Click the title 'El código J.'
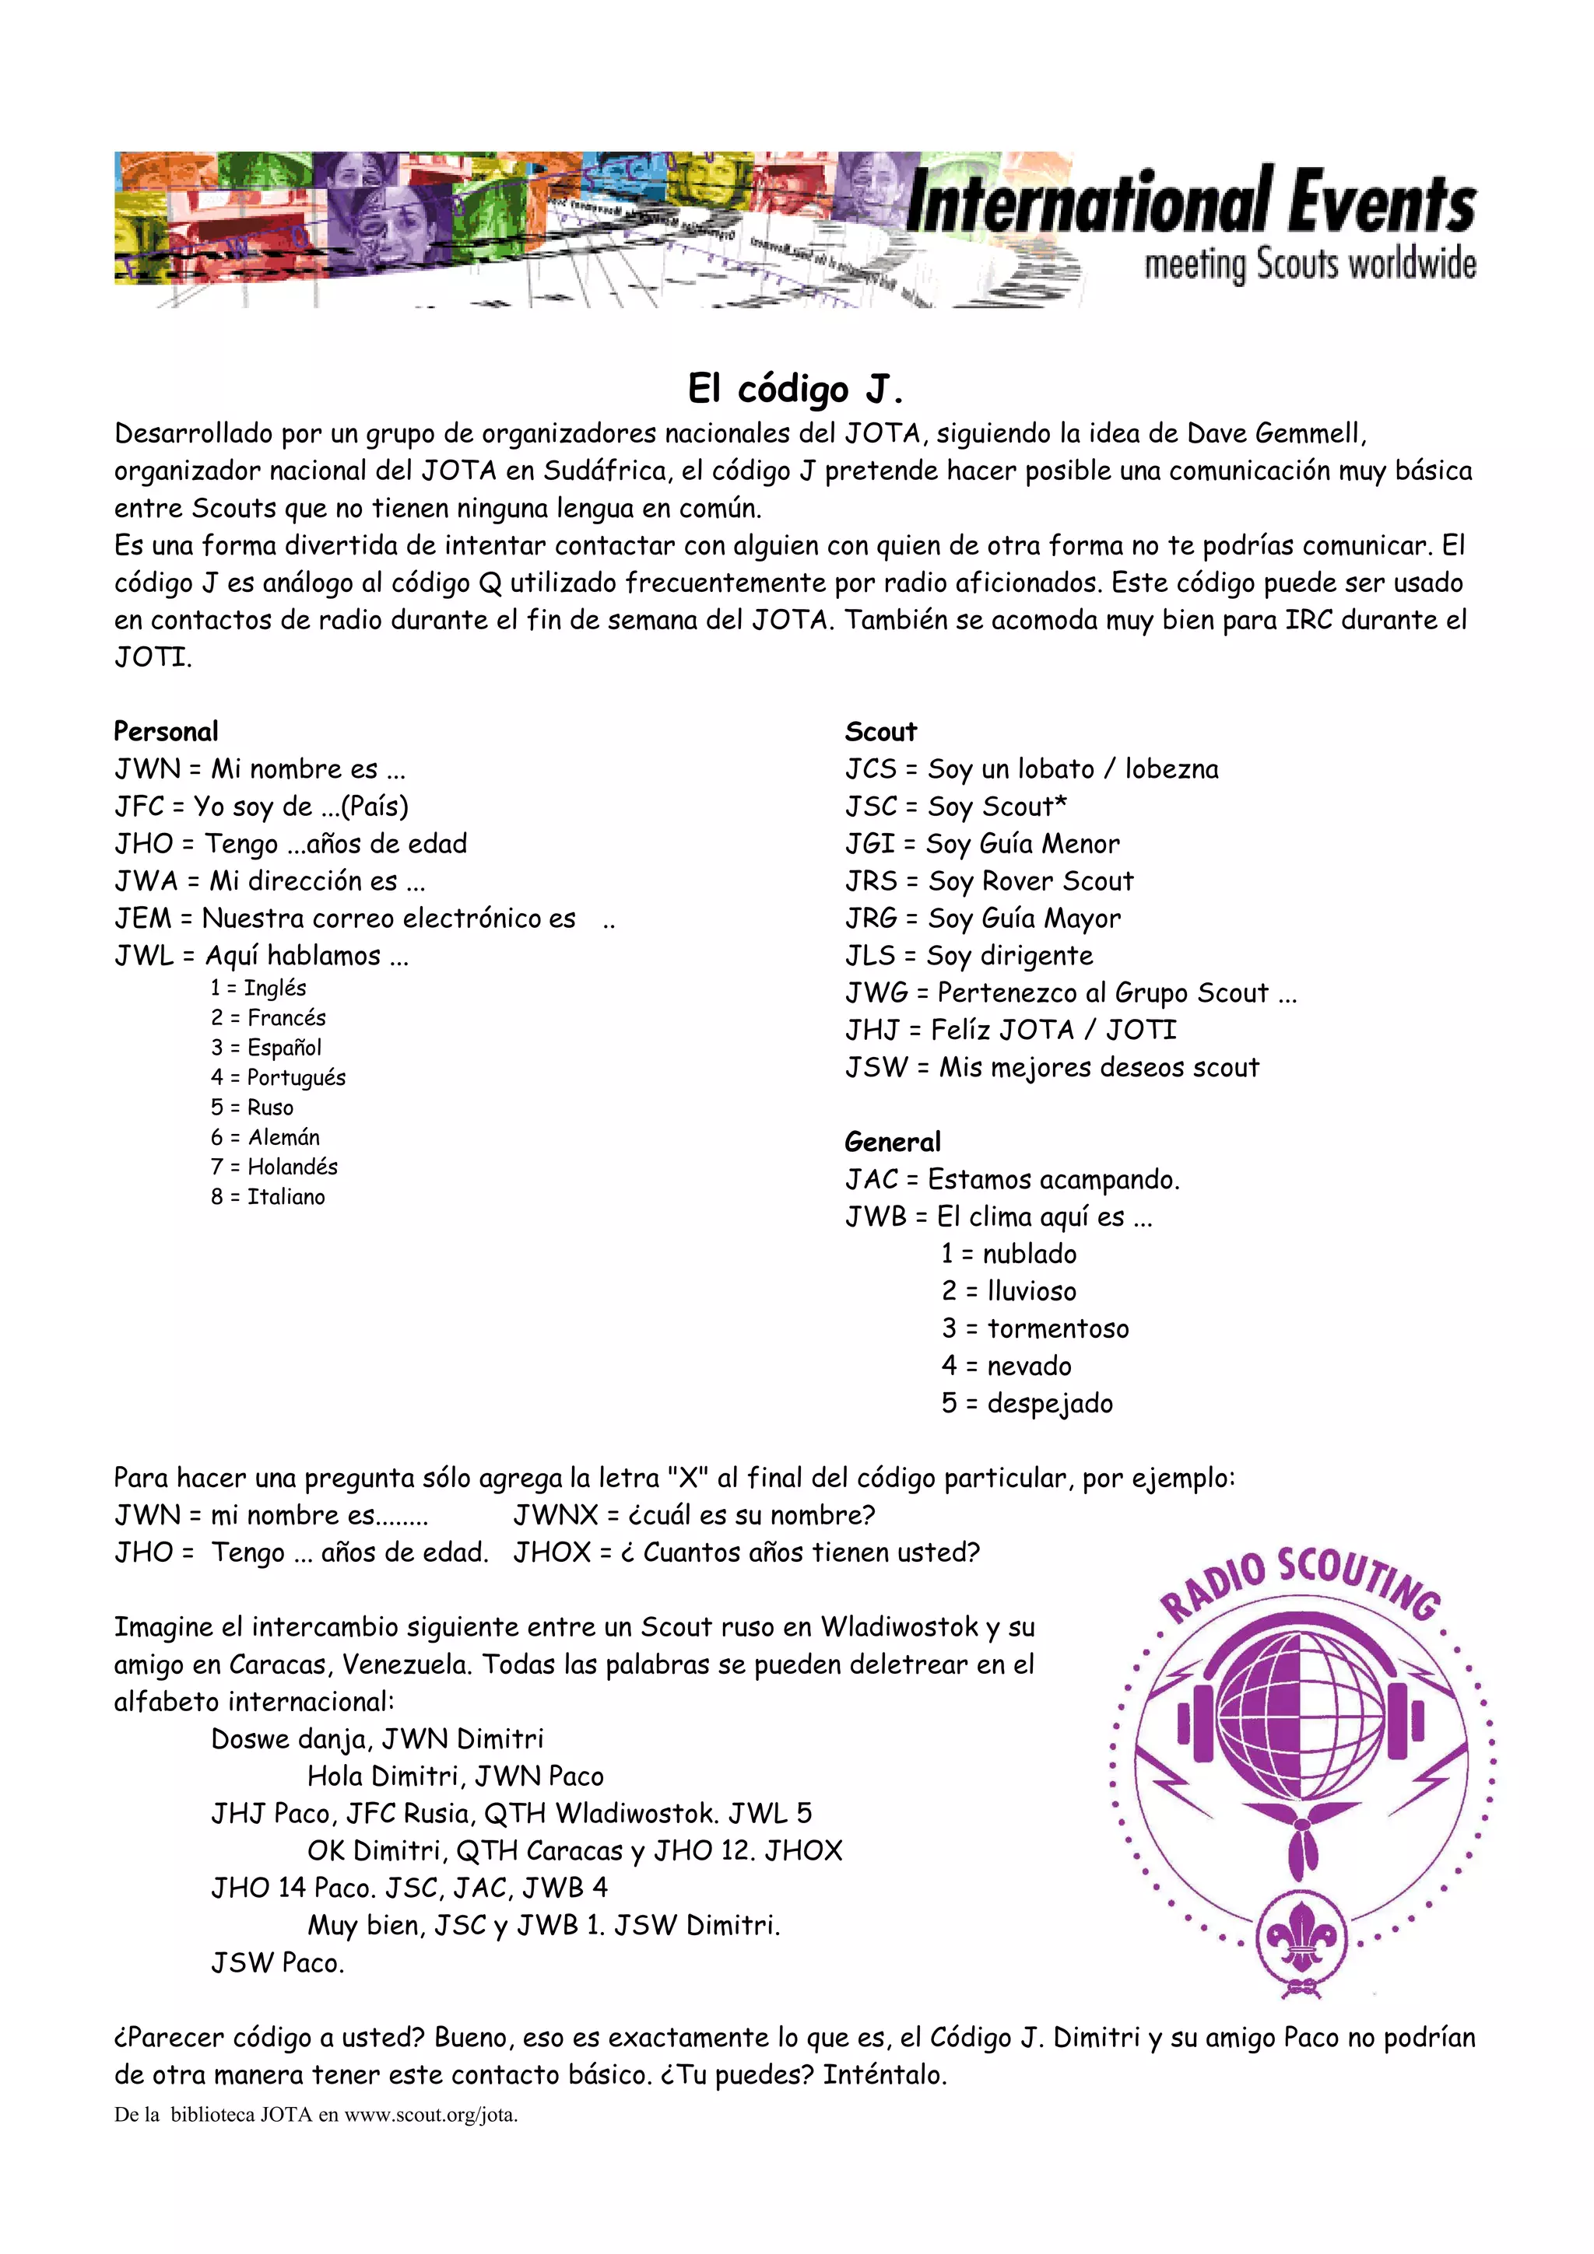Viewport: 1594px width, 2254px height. [795, 389]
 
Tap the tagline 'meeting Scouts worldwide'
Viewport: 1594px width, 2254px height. [1309, 265]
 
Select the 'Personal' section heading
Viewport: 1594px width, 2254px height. [166, 731]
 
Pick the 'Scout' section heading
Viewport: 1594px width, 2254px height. [880, 731]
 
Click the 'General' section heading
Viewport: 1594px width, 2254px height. [892, 1142]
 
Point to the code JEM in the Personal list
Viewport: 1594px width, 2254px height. [143, 918]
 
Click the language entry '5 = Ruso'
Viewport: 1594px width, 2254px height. [251, 1108]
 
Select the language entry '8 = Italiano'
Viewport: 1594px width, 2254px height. [267, 1197]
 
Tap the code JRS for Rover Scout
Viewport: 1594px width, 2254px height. [871, 880]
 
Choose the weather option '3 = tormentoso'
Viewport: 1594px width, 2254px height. [1035, 1328]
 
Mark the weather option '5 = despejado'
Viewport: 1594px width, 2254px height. [1027, 1403]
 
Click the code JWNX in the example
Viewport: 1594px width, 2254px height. [556, 1515]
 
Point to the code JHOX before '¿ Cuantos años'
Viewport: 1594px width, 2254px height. [553, 1552]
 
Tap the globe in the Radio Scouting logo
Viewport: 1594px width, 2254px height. [1301, 1718]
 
